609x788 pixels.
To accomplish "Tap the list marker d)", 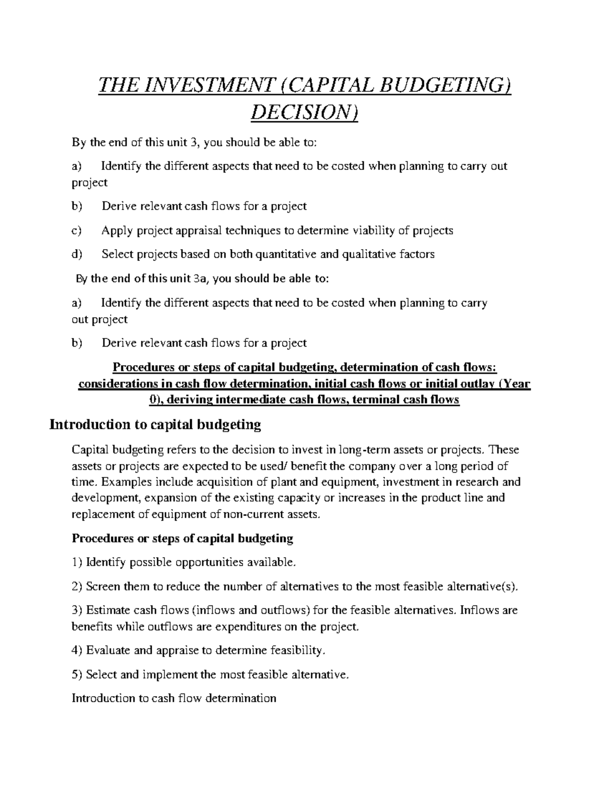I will pyautogui.click(x=77, y=254).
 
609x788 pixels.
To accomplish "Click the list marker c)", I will pyautogui.click(x=77, y=231).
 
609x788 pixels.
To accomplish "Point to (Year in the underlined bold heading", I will pyautogui.click(x=515, y=384).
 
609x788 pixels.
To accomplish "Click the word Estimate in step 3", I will pyautogui.click(x=108, y=610).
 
